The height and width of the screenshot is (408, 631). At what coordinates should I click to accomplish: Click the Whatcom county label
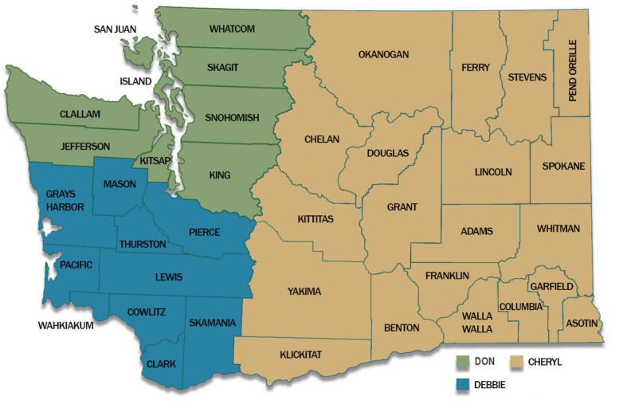coord(232,29)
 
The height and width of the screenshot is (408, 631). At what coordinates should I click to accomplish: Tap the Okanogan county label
coord(383,54)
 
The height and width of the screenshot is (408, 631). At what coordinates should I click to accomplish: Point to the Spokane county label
coord(563,166)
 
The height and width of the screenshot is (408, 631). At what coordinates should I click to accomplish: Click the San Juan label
coord(116,29)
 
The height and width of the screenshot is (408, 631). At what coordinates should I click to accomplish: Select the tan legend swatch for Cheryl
coord(520,362)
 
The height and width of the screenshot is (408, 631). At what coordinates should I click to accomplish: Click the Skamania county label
coord(212,323)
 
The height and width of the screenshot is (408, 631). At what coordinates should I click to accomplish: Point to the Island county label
coord(135,80)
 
